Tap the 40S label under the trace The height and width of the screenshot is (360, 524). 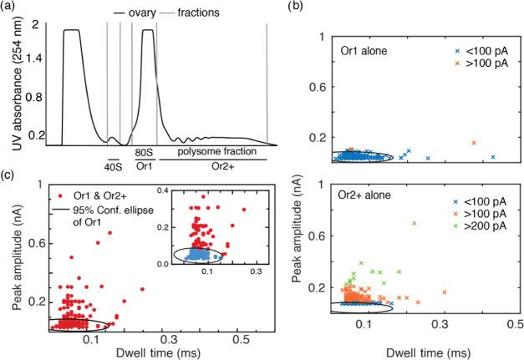(112, 165)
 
